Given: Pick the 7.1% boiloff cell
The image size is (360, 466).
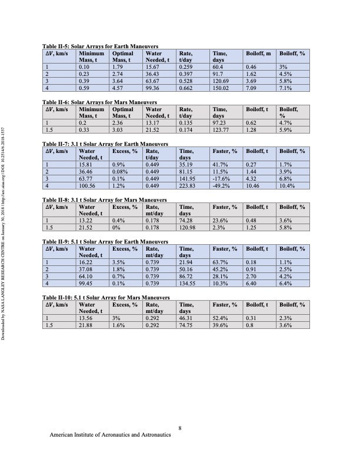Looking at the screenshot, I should pyautogui.click(x=285, y=88).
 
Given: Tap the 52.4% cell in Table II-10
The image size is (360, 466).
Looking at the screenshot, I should pyautogui.click(x=221, y=318).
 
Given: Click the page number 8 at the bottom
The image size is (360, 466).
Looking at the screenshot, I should pyautogui.click(x=181, y=428).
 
